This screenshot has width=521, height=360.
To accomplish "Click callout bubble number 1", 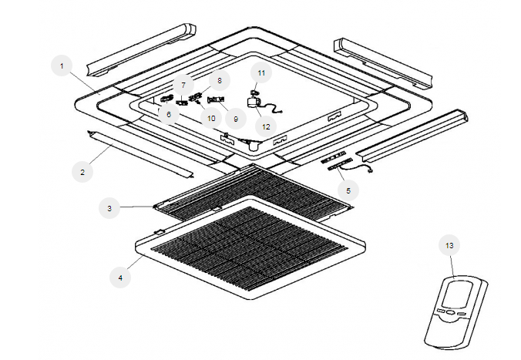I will click(61, 66).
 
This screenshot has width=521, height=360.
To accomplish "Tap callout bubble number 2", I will click(82, 172).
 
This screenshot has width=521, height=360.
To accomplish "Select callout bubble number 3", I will click(110, 207).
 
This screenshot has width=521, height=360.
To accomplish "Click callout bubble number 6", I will click(169, 114).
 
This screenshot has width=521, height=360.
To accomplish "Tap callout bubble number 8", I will click(218, 79).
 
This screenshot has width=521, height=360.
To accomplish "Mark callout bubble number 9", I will click(237, 119).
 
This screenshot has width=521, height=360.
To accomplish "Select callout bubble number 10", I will click(210, 119).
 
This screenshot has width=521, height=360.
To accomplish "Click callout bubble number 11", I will click(261, 72).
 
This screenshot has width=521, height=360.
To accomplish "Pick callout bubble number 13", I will click(449, 246).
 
